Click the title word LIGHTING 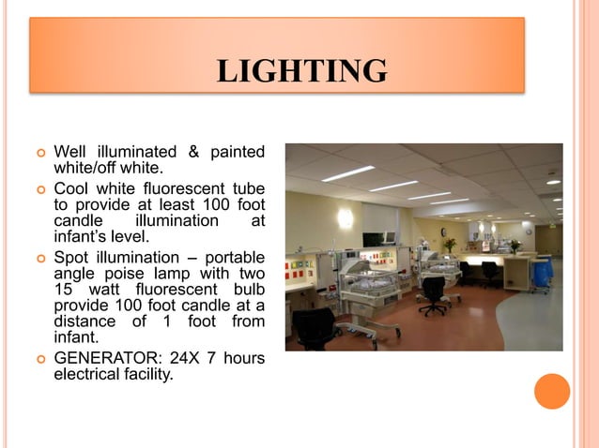click(x=301, y=71)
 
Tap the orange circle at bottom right click(x=552, y=391)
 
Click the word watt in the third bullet click(x=101, y=291)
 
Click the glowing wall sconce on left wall click(x=346, y=217)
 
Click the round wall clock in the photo click(x=529, y=230)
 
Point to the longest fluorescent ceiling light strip click(x=347, y=173)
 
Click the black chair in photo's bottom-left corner click(x=314, y=329)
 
